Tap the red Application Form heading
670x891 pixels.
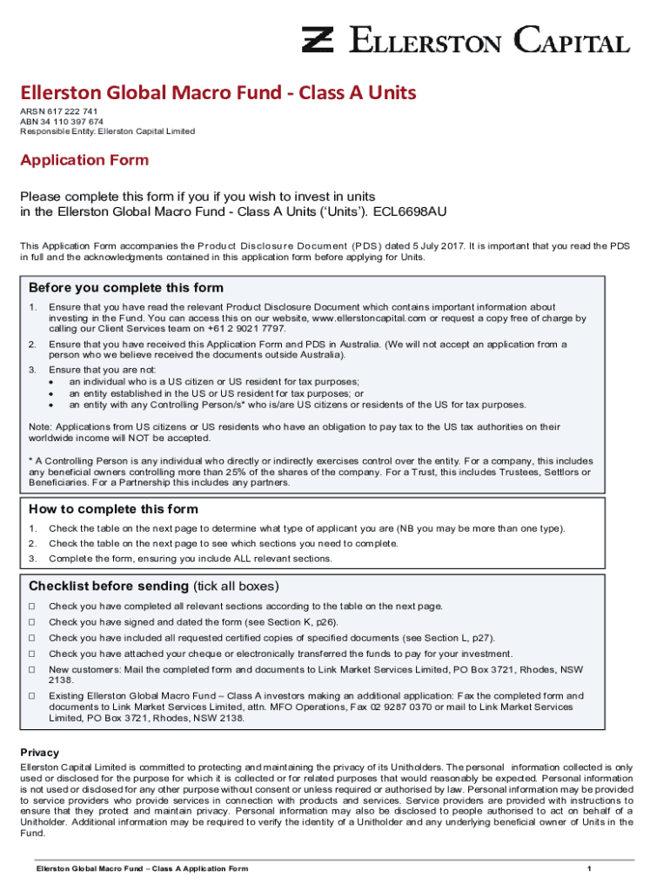pyautogui.click(x=84, y=160)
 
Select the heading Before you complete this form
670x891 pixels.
pyautogui.click(x=126, y=288)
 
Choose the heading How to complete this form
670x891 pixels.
pyautogui.click(x=113, y=509)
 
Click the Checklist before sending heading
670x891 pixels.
pyautogui.click(x=109, y=586)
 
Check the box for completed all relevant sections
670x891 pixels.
pyautogui.click(x=32, y=606)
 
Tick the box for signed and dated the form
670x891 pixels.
pyautogui.click(x=32, y=622)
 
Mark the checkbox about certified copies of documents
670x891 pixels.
pyautogui.click(x=32, y=639)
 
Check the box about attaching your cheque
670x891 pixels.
pyautogui.click(x=32, y=654)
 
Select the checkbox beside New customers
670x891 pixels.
pyautogui.click(x=32, y=670)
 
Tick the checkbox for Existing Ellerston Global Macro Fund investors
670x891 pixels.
pyautogui.click(x=32, y=696)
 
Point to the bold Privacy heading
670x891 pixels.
pyautogui.click(x=40, y=753)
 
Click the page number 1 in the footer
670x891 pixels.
pyautogui.click(x=589, y=869)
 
